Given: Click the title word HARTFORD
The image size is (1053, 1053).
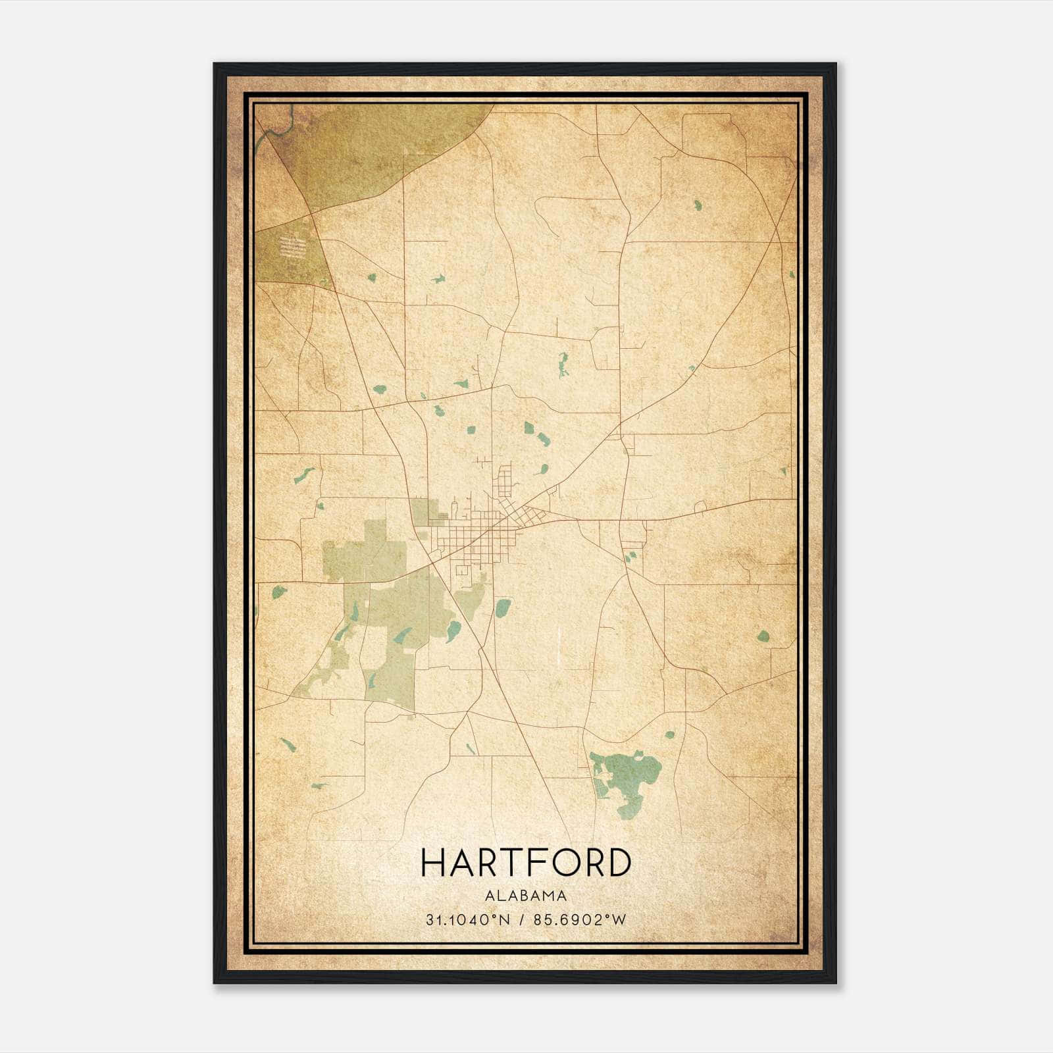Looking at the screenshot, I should (525, 863).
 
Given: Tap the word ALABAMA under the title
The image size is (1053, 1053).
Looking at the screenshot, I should (525, 895).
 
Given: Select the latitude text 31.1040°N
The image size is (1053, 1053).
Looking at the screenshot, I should (468, 920).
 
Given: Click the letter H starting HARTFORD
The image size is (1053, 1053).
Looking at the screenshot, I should (434, 863).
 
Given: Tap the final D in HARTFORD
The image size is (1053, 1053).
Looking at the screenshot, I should (619, 863).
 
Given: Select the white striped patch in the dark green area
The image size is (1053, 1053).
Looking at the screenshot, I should (292, 247).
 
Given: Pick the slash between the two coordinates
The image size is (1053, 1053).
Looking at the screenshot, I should (521, 920).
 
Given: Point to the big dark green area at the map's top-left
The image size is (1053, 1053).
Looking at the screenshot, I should (369, 151).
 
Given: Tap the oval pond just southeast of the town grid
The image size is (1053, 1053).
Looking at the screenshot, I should (503, 605).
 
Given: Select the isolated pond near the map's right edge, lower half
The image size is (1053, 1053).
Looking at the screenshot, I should (763, 636).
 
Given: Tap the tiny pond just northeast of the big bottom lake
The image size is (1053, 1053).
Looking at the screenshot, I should (669, 734).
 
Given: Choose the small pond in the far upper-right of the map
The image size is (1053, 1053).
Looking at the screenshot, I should (697, 205).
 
